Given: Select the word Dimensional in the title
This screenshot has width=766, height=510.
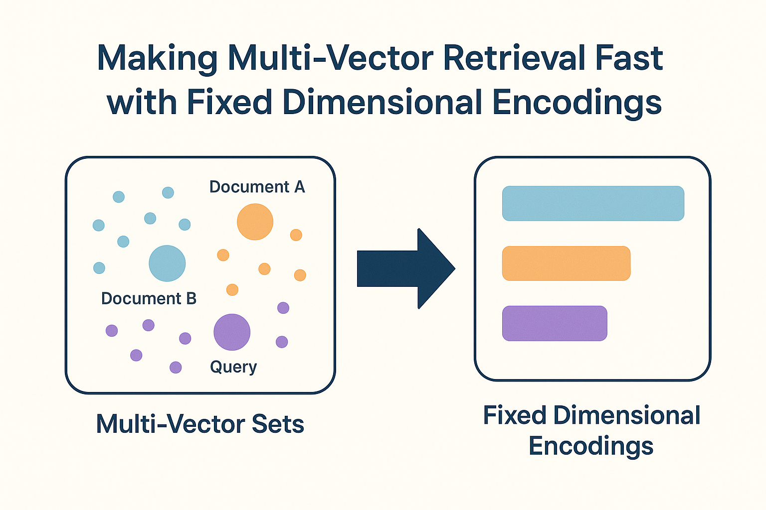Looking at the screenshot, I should (x=383, y=102).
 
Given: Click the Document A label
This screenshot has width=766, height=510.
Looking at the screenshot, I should (x=257, y=187).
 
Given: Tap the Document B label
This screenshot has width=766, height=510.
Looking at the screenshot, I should (x=149, y=298).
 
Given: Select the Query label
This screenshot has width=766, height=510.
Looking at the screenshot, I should (x=233, y=367).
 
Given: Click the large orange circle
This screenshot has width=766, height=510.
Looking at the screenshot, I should (x=255, y=222).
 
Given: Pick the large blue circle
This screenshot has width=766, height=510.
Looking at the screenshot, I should (x=167, y=263).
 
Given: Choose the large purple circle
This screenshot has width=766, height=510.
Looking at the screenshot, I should (x=232, y=332).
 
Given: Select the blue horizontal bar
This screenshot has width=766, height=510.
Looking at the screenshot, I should (x=593, y=203).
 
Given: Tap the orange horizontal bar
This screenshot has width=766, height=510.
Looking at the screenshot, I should (x=566, y=263).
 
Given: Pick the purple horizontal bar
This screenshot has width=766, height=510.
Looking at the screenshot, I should (x=555, y=323).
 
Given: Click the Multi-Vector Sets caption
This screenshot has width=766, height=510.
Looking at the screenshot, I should (x=200, y=424).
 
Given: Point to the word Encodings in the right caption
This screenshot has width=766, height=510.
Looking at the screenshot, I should (x=591, y=446).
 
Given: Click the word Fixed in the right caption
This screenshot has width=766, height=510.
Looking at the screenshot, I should (x=514, y=415).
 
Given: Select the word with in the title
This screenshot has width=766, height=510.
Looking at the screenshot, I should (x=142, y=102).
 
